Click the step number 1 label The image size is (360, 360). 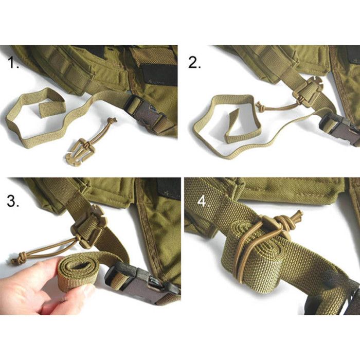click(x=13, y=63)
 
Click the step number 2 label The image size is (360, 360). click(x=194, y=63)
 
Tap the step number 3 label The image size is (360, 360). click(x=13, y=201)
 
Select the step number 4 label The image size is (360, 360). click(x=203, y=202)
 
